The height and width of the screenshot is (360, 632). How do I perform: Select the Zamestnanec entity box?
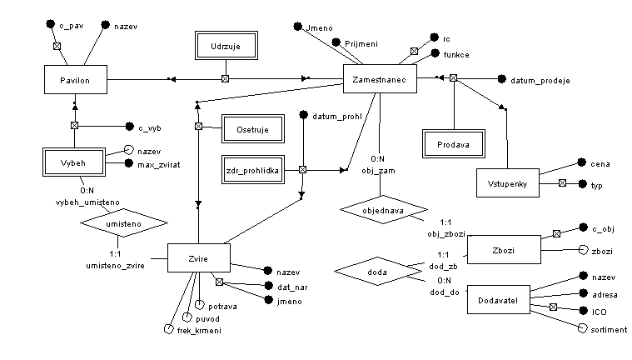point(380,79)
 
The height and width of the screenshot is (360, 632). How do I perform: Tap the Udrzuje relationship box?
point(225,47)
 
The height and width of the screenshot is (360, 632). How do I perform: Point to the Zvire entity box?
point(198,258)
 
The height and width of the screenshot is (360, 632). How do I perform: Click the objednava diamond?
point(383,210)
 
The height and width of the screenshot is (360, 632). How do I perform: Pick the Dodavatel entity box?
point(498,300)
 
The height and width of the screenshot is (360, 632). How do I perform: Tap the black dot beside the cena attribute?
point(580,164)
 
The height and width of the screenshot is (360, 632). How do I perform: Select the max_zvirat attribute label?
point(160,163)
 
